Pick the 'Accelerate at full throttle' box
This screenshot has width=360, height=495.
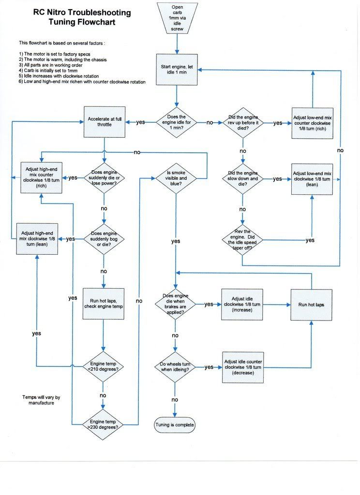[105, 121]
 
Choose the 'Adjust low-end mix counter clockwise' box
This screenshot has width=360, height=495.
[312, 123]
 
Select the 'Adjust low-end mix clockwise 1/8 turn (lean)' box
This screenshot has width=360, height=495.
[312, 179]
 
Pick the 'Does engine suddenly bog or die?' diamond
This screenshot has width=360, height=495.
[104, 238]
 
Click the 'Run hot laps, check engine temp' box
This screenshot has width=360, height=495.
[104, 303]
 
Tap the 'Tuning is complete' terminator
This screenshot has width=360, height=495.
[175, 425]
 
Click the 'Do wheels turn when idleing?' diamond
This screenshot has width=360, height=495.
[175, 367]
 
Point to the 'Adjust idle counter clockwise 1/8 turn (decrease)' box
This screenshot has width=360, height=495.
[243, 367]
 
